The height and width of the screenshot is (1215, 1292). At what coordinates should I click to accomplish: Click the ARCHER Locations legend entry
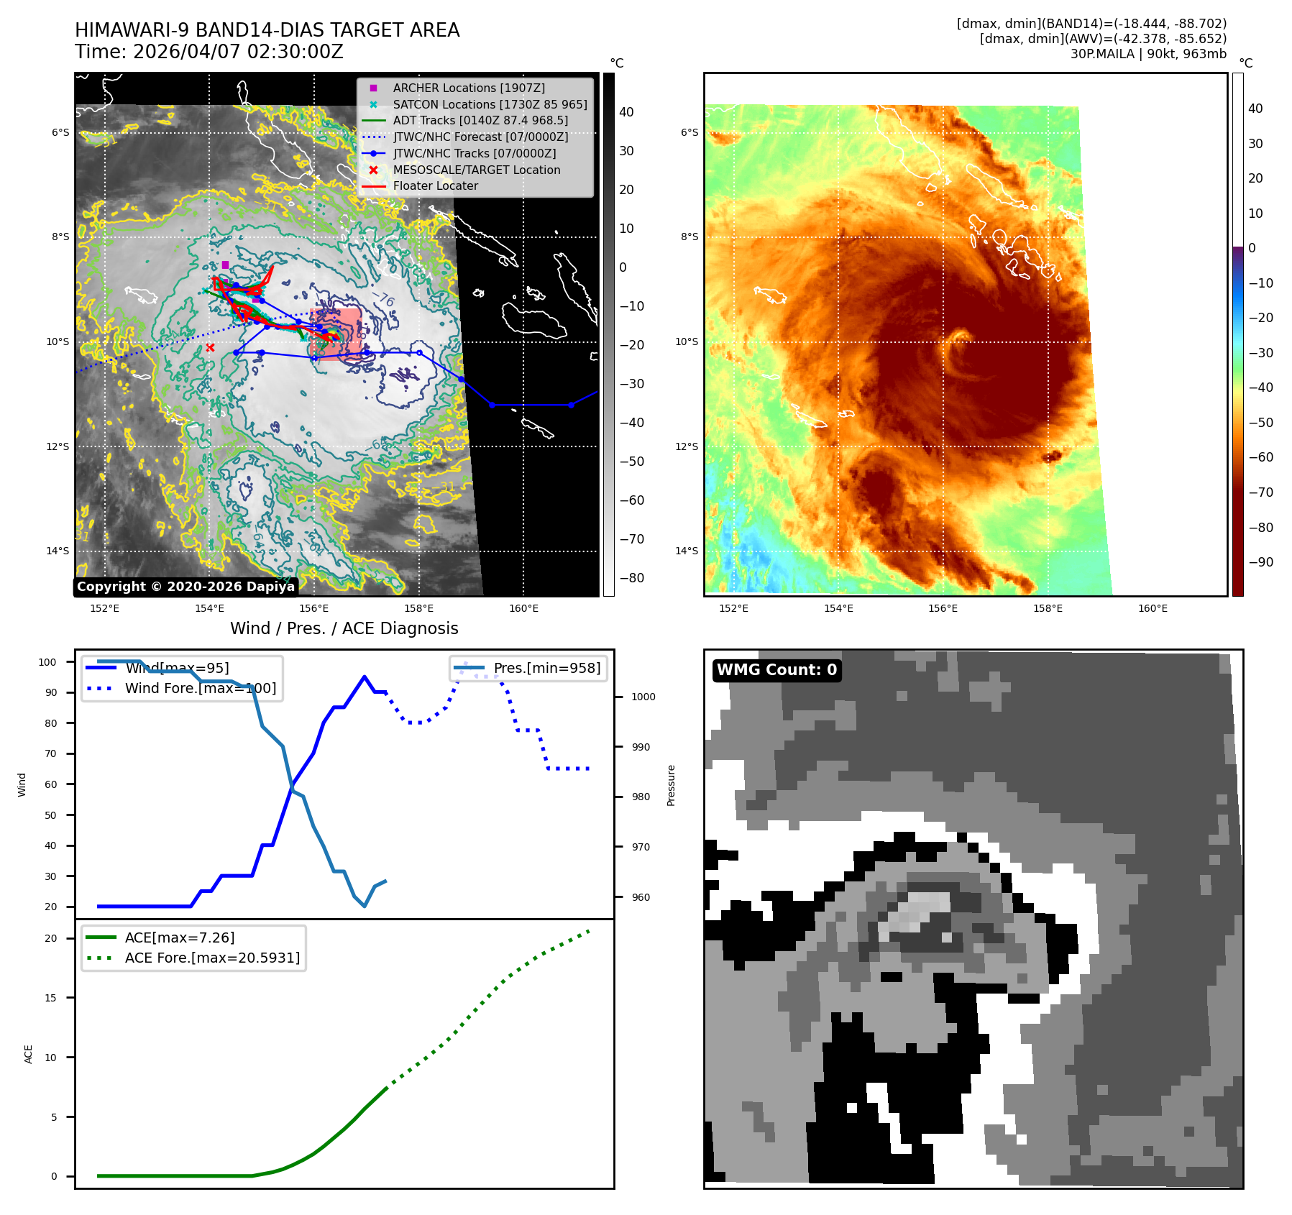(468, 88)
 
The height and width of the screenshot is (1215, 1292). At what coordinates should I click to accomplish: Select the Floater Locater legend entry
(435, 185)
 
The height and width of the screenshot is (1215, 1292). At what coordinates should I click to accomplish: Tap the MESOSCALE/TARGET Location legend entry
(476, 170)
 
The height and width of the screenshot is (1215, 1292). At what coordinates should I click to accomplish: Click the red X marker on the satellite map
(210, 348)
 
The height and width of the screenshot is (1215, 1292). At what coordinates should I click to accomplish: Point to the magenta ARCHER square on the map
(225, 265)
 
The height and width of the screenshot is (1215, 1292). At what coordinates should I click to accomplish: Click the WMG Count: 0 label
(776, 670)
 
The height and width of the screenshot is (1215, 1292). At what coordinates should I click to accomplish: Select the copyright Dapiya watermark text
(185, 587)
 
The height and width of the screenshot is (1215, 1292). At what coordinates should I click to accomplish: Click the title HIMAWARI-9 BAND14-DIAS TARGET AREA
(267, 30)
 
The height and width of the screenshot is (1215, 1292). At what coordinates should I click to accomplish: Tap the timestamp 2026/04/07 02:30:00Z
(238, 52)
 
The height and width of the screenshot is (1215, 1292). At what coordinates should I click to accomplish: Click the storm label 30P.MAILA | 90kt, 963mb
(1147, 54)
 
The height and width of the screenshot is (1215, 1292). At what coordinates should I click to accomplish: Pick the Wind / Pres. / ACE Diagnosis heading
(344, 628)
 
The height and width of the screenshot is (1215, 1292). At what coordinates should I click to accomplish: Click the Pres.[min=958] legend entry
(546, 668)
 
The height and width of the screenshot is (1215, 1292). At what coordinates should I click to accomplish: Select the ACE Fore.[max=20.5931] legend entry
(212, 958)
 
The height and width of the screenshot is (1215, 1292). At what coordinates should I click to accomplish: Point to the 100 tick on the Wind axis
(47, 662)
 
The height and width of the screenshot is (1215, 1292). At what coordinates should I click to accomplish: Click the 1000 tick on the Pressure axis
(643, 697)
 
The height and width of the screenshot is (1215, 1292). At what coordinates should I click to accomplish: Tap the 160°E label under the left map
(523, 608)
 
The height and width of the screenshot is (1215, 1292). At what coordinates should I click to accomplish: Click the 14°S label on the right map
(686, 551)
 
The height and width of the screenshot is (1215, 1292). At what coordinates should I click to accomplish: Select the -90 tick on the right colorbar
(1260, 562)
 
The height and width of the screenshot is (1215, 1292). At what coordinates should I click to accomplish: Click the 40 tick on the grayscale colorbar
(626, 112)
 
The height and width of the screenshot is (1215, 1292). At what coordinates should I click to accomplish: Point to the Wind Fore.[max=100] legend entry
(200, 688)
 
